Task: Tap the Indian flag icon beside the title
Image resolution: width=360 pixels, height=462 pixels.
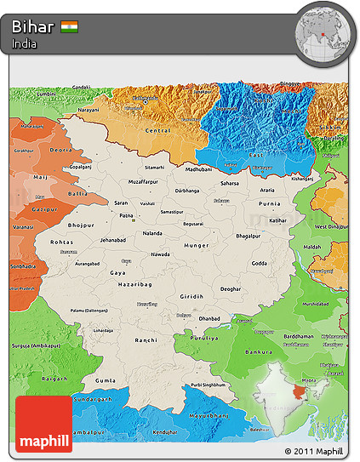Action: coord(70,26)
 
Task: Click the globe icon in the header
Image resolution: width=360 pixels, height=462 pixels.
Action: coord(323,31)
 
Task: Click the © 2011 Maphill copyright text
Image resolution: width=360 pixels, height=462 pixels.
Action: coord(314,451)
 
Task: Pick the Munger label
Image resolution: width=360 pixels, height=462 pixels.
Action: coord(195,245)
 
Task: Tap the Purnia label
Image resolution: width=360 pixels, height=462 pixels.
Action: coord(269,203)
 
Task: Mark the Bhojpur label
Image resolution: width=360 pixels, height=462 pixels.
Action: coord(82,225)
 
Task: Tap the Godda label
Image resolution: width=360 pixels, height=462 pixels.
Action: coord(260,265)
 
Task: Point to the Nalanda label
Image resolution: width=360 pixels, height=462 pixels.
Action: coord(152,232)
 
